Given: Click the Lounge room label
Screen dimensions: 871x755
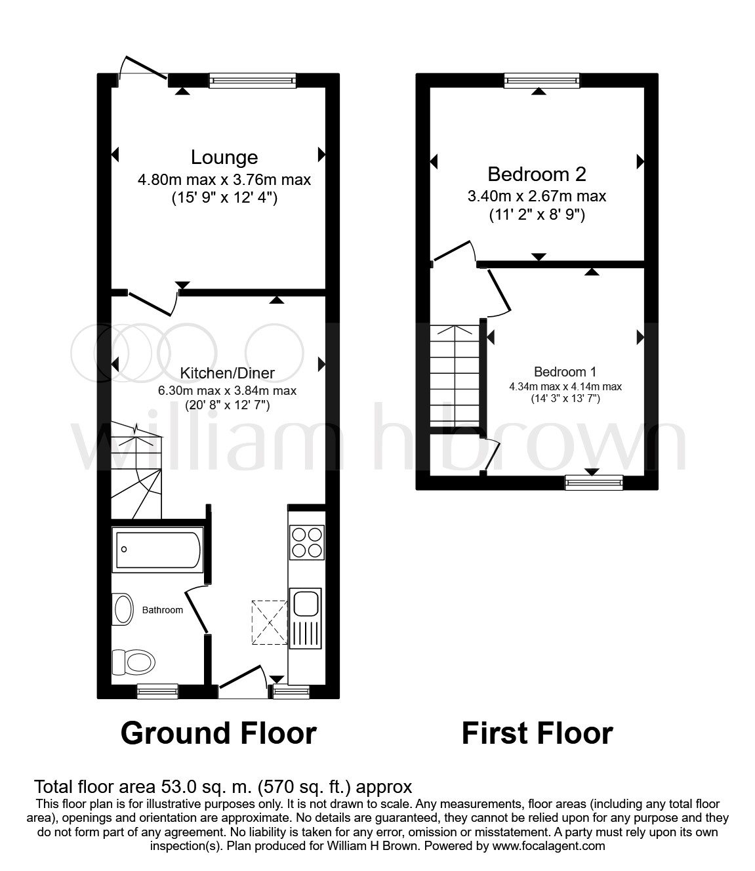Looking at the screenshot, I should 224,157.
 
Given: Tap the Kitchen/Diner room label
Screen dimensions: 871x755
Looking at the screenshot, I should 227,373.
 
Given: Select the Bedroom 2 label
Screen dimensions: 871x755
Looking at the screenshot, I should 537,174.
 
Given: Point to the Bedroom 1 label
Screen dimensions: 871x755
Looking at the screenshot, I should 565,371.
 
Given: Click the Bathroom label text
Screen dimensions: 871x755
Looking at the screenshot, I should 163,610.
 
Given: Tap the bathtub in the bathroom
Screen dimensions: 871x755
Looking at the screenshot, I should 157,550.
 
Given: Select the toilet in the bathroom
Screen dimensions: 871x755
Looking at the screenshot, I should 133,661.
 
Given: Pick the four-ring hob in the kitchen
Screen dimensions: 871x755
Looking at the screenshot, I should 306,542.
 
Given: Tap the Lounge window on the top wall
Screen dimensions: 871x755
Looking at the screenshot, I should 252,80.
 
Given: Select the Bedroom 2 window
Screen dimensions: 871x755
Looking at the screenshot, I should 542,80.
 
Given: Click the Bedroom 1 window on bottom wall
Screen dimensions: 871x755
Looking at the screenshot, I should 594,483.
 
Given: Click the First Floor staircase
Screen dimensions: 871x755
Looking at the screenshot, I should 455,376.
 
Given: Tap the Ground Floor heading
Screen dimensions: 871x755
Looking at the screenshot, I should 218,733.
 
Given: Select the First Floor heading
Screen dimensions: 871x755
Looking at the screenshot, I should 537,733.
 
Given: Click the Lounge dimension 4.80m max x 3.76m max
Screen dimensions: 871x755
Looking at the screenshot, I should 224,179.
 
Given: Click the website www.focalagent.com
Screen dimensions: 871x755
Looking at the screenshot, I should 552,846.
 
